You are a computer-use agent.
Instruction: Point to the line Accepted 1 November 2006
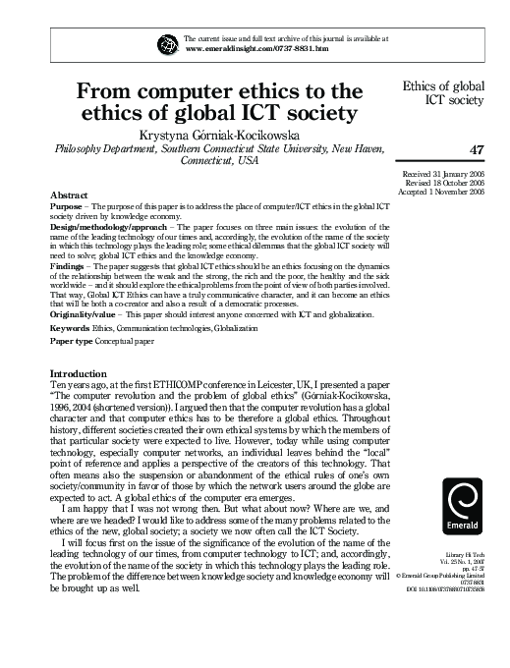(436, 193)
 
